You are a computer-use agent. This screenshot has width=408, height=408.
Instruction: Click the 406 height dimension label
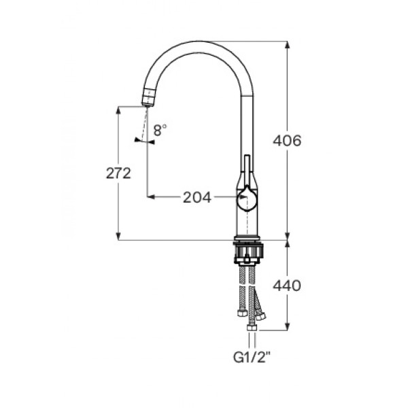(x=287, y=141)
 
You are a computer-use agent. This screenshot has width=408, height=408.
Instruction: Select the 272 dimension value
(x=118, y=173)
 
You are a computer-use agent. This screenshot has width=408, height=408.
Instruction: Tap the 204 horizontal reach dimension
(x=197, y=197)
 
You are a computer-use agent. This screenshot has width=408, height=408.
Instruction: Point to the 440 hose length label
(x=287, y=286)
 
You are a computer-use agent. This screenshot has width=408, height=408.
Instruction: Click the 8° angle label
(x=160, y=130)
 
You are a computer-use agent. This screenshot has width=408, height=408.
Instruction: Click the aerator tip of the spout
(x=149, y=97)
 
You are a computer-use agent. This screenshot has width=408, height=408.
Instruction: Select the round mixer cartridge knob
(x=248, y=199)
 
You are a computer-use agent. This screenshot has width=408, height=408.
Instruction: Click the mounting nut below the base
(x=248, y=252)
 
